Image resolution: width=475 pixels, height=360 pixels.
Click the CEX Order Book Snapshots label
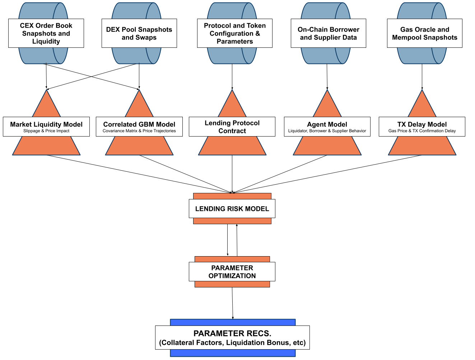click(46, 33)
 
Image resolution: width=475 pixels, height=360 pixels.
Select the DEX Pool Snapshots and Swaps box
click(139, 33)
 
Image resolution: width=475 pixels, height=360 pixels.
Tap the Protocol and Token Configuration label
click(235, 33)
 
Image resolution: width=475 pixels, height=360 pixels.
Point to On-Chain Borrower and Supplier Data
click(328, 33)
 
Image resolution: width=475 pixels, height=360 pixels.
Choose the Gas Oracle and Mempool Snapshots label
click(424, 33)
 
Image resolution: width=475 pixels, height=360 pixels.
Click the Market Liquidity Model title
click(46, 124)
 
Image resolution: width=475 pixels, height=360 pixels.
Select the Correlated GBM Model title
click(139, 124)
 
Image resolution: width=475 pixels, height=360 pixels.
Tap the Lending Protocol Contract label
click(232, 127)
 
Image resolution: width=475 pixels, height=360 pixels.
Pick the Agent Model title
click(327, 124)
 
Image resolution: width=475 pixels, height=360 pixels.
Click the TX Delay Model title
click(422, 124)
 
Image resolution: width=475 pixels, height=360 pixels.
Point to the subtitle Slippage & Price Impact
click(46, 131)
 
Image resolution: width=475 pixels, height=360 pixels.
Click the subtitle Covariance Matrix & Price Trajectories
click(139, 131)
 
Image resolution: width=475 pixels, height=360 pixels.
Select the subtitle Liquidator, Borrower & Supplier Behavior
click(327, 131)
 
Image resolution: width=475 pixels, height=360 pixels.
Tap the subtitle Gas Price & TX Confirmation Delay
click(422, 131)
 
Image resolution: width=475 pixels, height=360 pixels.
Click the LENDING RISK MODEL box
click(232, 209)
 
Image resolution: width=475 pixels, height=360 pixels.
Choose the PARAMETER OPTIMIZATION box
click(232, 272)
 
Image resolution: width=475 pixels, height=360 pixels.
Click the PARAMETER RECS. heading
click(232, 333)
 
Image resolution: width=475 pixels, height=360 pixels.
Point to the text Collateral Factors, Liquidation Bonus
click(232, 343)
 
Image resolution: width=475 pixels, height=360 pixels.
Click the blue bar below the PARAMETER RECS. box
click(233, 353)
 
